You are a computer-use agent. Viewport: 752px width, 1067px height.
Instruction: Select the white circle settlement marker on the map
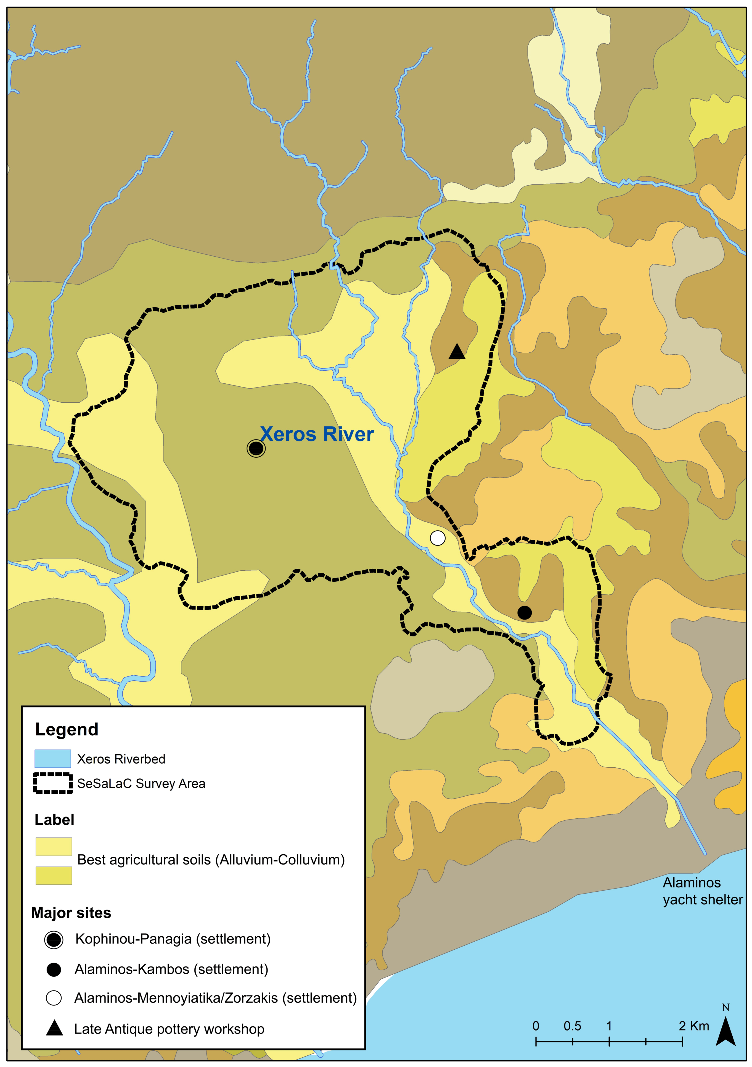438,538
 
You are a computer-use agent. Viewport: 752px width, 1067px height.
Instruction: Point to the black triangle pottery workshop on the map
457,352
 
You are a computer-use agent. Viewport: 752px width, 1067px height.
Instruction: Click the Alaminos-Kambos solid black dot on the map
525,613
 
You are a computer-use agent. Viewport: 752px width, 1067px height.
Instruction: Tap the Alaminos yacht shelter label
702,891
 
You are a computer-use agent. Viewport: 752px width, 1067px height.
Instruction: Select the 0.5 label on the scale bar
572,1026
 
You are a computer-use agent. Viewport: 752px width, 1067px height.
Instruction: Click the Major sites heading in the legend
71,913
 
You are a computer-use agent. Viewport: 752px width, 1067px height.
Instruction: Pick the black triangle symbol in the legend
54,1028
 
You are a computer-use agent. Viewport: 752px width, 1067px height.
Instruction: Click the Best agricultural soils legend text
211,860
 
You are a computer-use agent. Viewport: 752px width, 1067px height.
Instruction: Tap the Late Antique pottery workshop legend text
169,1029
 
